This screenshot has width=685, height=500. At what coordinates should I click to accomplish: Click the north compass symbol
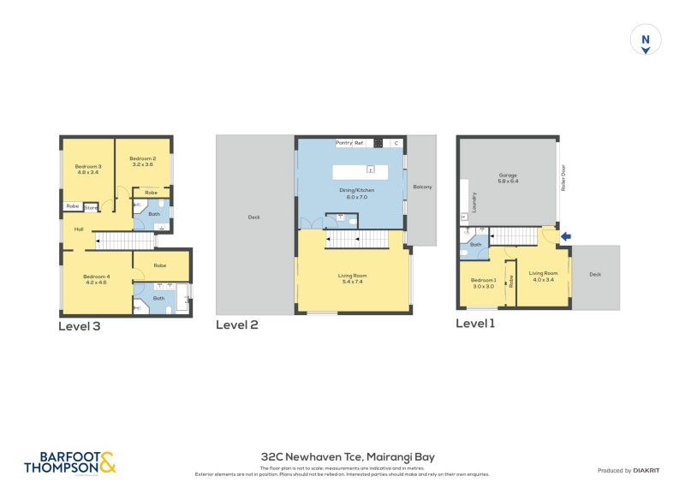coord(646,41)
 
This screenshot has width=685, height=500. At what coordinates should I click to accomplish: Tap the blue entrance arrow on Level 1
coord(564,237)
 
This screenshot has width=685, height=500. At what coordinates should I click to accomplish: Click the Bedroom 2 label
coord(142,161)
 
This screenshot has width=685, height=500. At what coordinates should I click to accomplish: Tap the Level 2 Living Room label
coord(351,278)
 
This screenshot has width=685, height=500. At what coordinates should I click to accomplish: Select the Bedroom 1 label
coord(483,283)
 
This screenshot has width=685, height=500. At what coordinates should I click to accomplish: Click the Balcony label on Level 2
coord(422,187)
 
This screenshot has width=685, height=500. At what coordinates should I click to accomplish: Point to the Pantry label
coord(344,143)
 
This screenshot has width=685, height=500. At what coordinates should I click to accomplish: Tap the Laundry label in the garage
coord(474,202)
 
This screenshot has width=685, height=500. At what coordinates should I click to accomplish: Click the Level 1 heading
coord(475,324)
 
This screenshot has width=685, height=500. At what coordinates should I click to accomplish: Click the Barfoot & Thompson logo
coord(69,462)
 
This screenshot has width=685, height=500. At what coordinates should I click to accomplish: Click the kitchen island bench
coord(360,172)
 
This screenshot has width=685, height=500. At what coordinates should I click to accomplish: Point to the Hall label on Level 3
coord(79,229)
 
